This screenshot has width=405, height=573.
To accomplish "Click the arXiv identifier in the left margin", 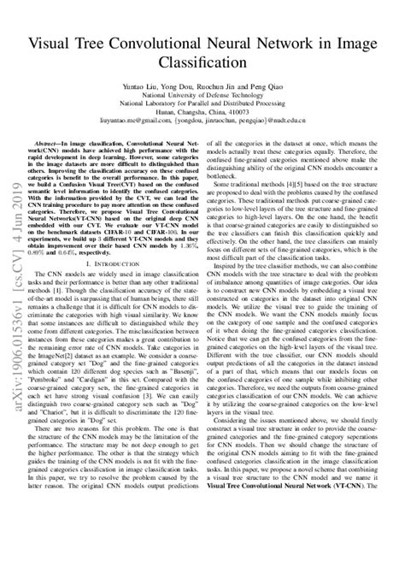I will pos(17,282).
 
